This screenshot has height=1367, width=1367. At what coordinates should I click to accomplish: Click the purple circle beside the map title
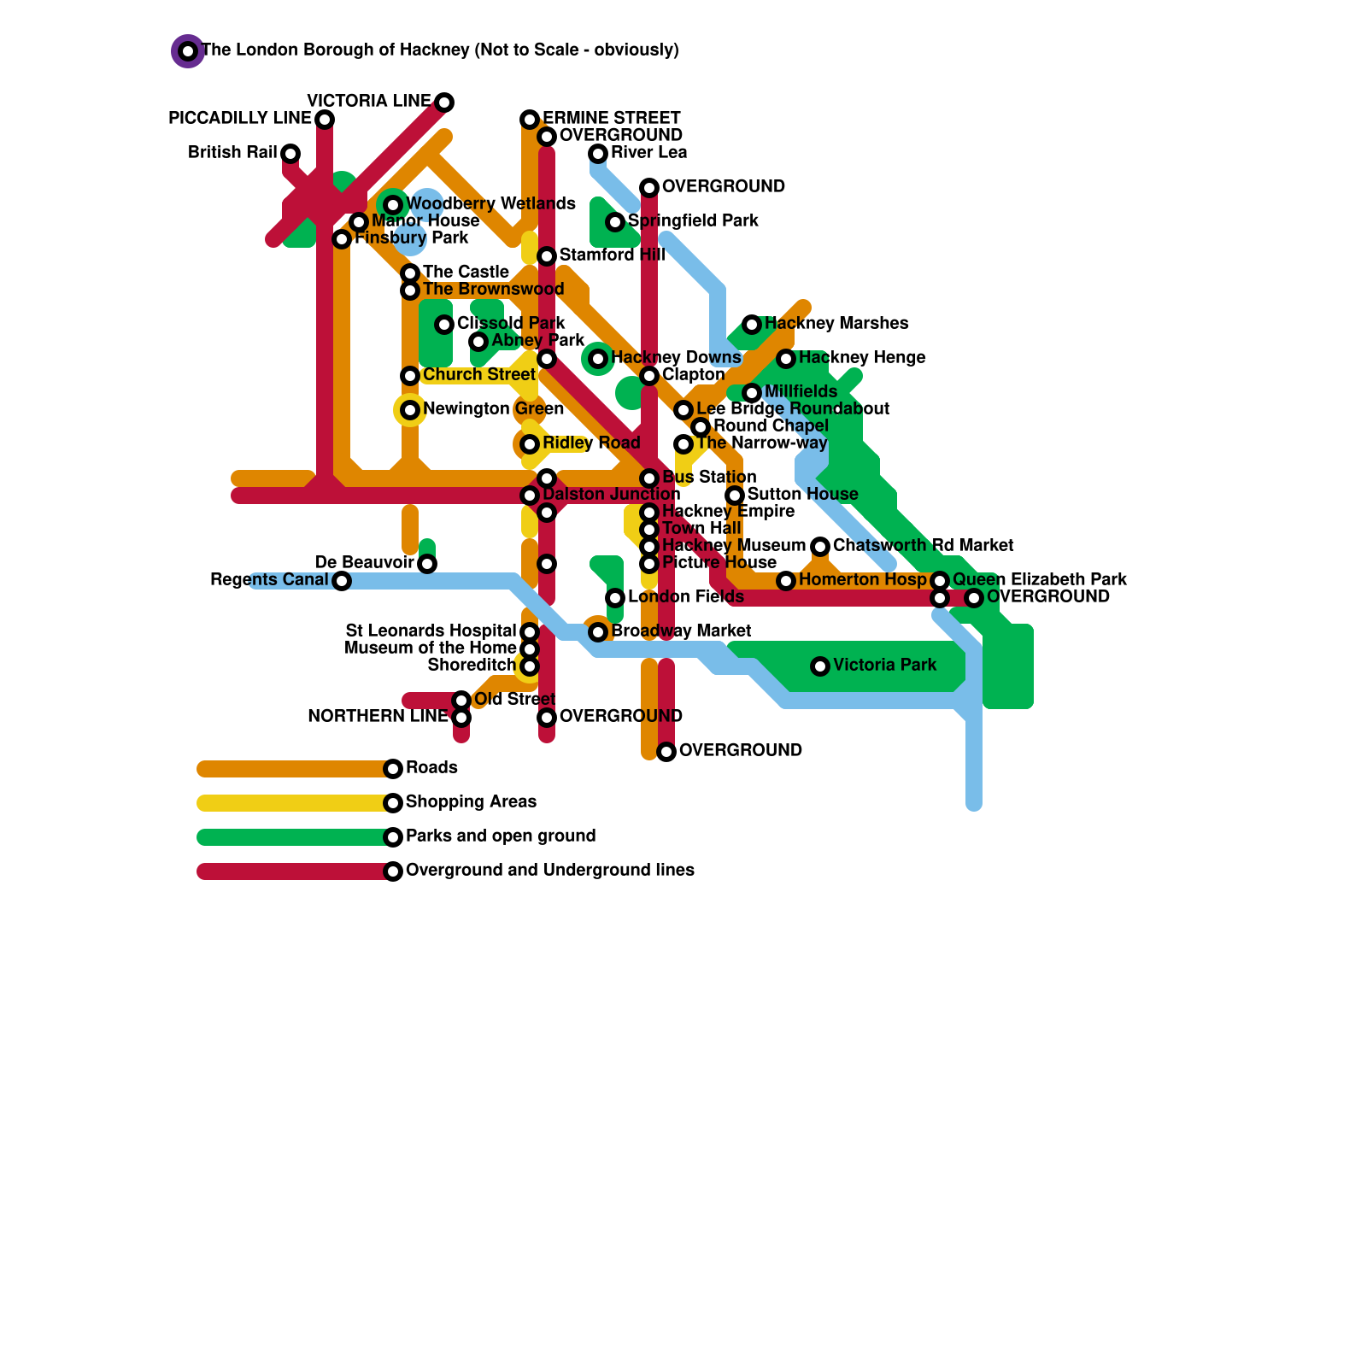(x=188, y=51)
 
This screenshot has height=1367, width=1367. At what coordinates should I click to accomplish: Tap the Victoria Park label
(x=884, y=665)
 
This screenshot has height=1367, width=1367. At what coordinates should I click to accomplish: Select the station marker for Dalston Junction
(x=530, y=496)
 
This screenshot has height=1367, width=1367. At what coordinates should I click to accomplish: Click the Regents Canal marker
(x=342, y=581)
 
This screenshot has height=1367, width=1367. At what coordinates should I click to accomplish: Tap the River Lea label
(x=648, y=152)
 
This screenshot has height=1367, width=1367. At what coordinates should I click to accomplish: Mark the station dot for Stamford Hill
(x=547, y=256)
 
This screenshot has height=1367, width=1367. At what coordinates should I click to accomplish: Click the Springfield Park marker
(x=615, y=222)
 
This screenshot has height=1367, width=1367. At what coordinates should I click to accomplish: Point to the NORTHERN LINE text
(x=378, y=716)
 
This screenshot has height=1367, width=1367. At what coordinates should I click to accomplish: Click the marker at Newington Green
(x=410, y=410)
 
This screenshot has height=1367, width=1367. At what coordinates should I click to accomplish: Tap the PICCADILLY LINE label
(x=240, y=118)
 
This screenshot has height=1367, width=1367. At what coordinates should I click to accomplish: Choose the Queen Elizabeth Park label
(x=1039, y=579)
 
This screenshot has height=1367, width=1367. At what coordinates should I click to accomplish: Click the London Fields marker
(x=615, y=598)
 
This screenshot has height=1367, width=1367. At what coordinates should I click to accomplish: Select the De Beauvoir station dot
(x=427, y=564)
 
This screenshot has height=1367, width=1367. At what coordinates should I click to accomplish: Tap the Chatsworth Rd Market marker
(x=820, y=547)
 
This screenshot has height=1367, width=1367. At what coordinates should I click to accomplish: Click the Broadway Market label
(x=681, y=631)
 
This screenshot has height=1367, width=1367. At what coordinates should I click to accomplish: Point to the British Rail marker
(x=290, y=154)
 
